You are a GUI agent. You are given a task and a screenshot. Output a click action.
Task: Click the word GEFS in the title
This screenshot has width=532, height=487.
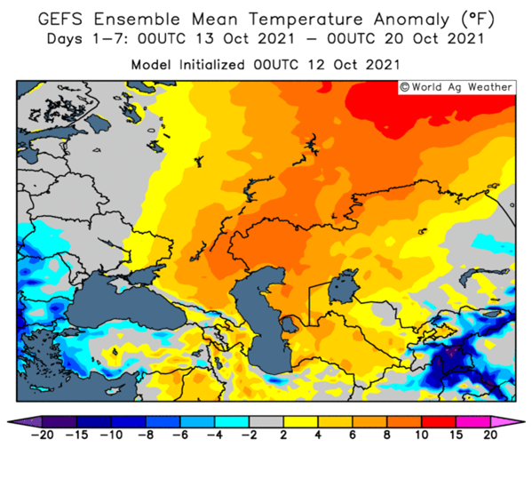click(60, 19)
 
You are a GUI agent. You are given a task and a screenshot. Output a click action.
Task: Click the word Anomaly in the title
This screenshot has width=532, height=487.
click(411, 20)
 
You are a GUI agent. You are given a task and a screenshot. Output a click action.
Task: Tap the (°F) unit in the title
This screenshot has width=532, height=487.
click(477, 19)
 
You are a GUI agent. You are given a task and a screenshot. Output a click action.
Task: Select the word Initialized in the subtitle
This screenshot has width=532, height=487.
click(211, 65)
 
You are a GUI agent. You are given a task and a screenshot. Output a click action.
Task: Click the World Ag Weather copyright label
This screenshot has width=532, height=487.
click(457, 87)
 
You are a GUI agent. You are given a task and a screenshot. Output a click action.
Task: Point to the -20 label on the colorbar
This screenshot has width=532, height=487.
click(42, 435)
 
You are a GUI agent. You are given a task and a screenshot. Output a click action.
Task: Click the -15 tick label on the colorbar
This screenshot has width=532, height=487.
click(76, 435)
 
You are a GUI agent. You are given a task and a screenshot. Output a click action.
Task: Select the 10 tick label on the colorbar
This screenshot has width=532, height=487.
click(421, 435)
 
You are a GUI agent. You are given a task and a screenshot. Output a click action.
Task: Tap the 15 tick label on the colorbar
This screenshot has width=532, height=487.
click(456, 435)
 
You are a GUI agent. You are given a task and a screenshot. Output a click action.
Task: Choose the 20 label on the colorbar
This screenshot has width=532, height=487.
click(490, 435)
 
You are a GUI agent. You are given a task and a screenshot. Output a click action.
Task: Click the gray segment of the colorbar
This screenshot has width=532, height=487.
click(266, 422)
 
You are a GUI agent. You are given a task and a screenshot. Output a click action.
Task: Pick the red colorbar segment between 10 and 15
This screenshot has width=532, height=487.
click(439, 422)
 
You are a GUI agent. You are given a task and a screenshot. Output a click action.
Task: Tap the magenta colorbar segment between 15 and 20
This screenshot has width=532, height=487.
click(473, 422)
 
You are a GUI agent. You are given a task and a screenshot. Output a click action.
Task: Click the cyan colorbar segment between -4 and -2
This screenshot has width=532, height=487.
click(232, 422)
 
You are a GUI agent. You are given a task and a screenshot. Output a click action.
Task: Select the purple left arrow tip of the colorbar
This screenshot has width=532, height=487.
click(7, 422)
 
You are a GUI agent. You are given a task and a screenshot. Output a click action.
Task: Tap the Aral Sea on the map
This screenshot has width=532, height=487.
click(343, 286)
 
